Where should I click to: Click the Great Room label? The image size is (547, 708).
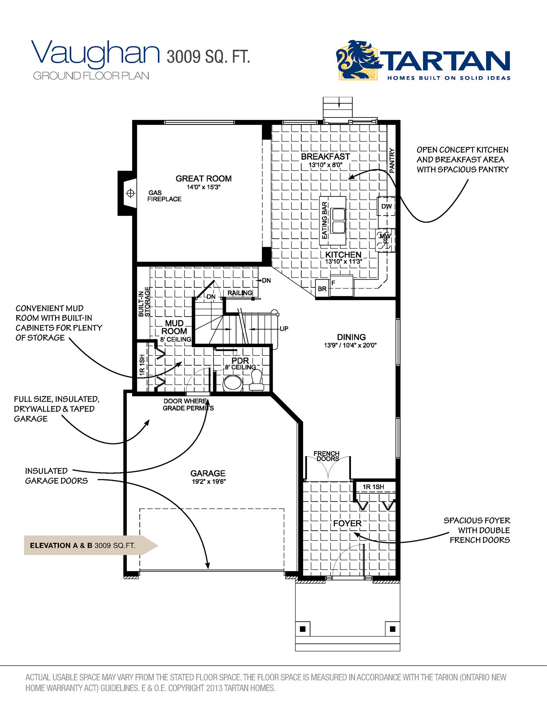pyautogui.click(x=204, y=179)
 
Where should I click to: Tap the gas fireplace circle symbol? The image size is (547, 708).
pyautogui.click(x=131, y=193)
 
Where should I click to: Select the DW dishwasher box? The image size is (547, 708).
pyautogui.click(x=386, y=206)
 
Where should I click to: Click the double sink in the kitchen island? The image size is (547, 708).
pyautogui.click(x=338, y=220)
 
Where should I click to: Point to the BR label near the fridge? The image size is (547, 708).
pyautogui.click(x=322, y=289)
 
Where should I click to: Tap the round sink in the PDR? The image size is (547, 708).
pyautogui.click(x=233, y=384)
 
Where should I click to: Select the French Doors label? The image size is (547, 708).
pyautogui.click(x=326, y=456)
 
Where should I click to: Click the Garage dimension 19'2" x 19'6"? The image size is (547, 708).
pyautogui.click(x=208, y=481)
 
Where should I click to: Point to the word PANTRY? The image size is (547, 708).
pyautogui.click(x=392, y=160)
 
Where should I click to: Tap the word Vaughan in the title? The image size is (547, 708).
pyautogui.click(x=96, y=53)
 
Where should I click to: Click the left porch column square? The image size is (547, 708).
pyautogui.click(x=303, y=629)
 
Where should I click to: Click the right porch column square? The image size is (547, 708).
pyautogui.click(x=392, y=629)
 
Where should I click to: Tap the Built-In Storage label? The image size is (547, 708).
pyautogui.click(x=144, y=302)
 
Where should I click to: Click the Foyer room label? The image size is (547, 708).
pyautogui.click(x=347, y=523)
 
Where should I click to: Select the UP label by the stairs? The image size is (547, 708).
pyautogui.click(x=284, y=329)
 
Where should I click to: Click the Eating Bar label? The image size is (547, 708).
pyautogui.click(x=324, y=220)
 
